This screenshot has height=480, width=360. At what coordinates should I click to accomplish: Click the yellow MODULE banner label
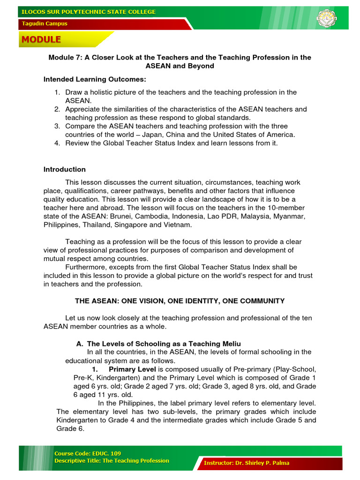click(x=40, y=40)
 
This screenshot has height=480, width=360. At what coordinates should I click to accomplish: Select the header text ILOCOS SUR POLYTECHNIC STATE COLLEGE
click(x=88, y=12)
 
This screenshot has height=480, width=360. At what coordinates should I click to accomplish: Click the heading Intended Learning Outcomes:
click(x=95, y=79)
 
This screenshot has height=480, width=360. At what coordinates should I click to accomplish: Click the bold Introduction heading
click(x=65, y=169)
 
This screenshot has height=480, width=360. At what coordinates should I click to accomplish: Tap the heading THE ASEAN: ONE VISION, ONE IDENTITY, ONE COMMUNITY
click(x=180, y=300)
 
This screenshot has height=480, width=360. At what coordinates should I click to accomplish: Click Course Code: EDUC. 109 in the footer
click(x=88, y=453)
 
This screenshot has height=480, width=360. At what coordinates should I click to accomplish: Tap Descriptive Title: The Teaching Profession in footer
click(x=112, y=461)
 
